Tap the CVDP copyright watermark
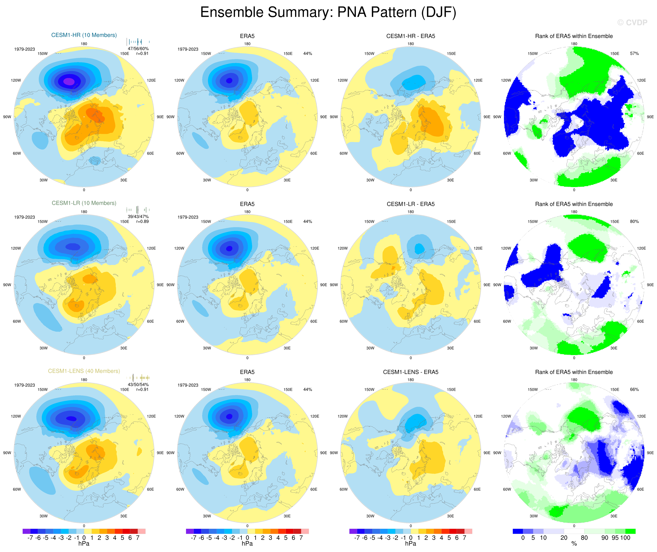coord(632,22)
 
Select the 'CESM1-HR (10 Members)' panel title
coord(84,35)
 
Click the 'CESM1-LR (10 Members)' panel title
coord(84,203)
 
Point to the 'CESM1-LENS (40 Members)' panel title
coord(84,371)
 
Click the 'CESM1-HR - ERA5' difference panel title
coord(411,36)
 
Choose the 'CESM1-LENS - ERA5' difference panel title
coord(411,372)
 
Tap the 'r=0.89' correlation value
coord(142,221)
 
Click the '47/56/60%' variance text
coord(138,48)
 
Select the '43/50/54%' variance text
coord(138,385)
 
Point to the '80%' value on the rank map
coord(634,221)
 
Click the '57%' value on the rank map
coord(634,53)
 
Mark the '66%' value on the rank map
coord(634,390)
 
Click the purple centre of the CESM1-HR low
coord(69,81)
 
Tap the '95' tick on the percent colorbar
coord(615,538)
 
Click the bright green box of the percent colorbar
coord(630,531)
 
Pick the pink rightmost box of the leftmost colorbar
coord(141,531)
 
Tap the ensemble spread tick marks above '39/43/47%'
coord(138,210)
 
